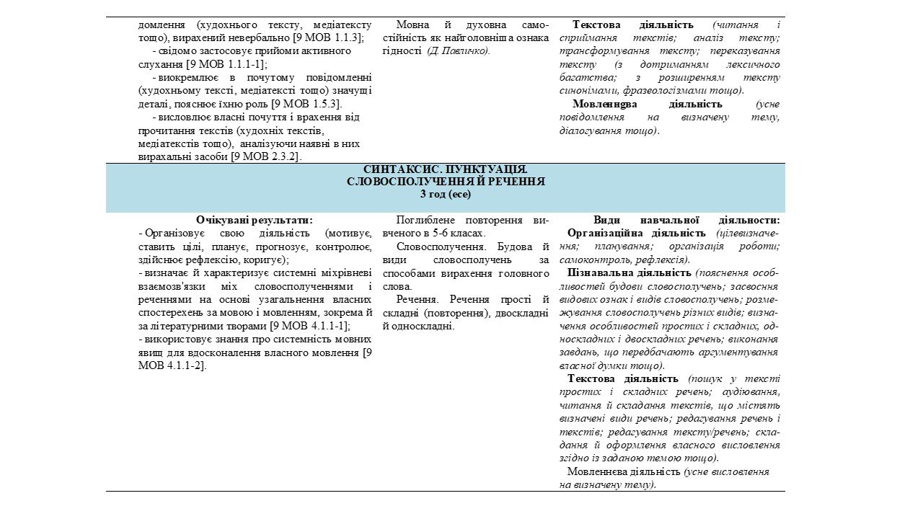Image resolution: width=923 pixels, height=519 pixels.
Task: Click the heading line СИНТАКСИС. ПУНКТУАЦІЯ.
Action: (x=445, y=169)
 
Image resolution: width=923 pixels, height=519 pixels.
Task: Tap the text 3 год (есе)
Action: (x=445, y=195)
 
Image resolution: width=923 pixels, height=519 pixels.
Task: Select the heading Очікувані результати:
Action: (x=255, y=220)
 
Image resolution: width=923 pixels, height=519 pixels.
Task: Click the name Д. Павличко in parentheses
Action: (x=458, y=50)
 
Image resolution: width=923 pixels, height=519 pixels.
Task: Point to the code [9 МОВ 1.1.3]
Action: (x=324, y=37)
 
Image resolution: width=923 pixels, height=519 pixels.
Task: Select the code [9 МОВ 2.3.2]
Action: (x=266, y=156)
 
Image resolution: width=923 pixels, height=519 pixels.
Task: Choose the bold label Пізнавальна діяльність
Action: (x=630, y=273)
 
